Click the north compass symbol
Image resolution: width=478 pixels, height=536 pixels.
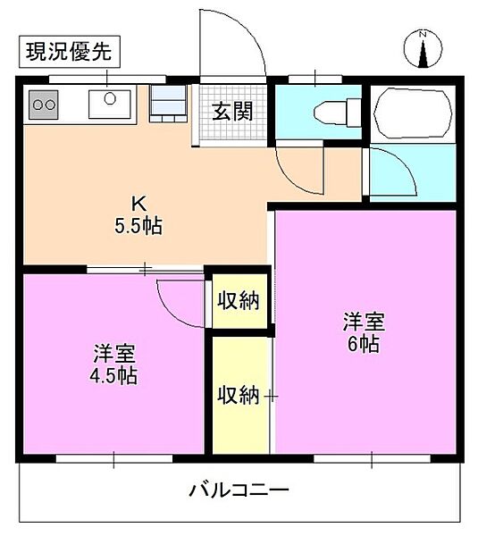pyautogui.click(x=423, y=48)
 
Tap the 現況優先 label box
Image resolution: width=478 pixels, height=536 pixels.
pyautogui.click(x=67, y=53)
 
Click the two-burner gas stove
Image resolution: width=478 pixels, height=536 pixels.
pyautogui.click(x=44, y=105)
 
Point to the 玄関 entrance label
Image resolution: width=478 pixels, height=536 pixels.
pyautogui.click(x=231, y=111)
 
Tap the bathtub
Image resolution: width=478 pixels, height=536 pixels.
pyautogui.click(x=414, y=111)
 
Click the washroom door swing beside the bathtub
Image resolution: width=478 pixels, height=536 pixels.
pyautogui.click(x=393, y=174)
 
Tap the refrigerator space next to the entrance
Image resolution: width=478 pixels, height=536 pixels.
pyautogui.click(x=168, y=103)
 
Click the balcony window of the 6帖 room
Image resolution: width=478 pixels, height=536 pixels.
pyautogui.click(x=372, y=460)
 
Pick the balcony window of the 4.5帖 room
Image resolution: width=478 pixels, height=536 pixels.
pyautogui.click(x=113, y=460)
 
